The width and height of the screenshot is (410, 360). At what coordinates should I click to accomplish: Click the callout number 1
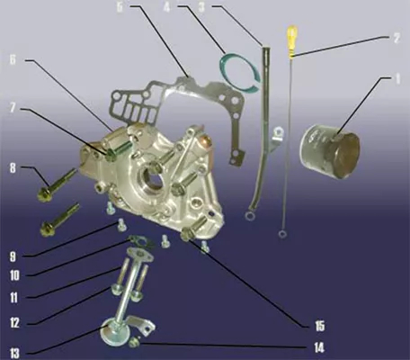tap(397, 79)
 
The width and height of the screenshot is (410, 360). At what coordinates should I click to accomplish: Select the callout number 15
tap(320, 326)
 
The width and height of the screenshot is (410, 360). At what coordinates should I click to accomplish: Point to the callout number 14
tap(319, 347)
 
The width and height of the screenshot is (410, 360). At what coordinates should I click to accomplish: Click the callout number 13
tap(14, 353)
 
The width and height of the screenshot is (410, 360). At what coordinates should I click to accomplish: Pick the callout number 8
tap(13, 168)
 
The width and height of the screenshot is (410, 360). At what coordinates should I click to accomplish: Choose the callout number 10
tap(14, 275)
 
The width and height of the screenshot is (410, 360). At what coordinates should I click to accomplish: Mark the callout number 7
tap(13, 108)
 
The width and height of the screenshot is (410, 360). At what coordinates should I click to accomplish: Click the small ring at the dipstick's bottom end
tap(282, 234)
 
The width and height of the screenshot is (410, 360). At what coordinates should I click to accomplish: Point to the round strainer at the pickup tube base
tap(115, 334)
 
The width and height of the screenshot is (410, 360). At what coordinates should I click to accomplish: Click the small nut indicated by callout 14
tap(134, 342)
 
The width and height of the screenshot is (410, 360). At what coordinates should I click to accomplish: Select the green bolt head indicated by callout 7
tap(111, 154)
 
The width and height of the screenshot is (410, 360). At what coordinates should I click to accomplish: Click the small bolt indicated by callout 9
tap(121, 225)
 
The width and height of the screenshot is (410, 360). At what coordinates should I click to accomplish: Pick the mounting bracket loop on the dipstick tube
tap(279, 131)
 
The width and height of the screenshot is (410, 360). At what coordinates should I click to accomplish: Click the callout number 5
tap(120, 8)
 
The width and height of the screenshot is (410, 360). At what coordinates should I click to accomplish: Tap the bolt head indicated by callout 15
tap(186, 235)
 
